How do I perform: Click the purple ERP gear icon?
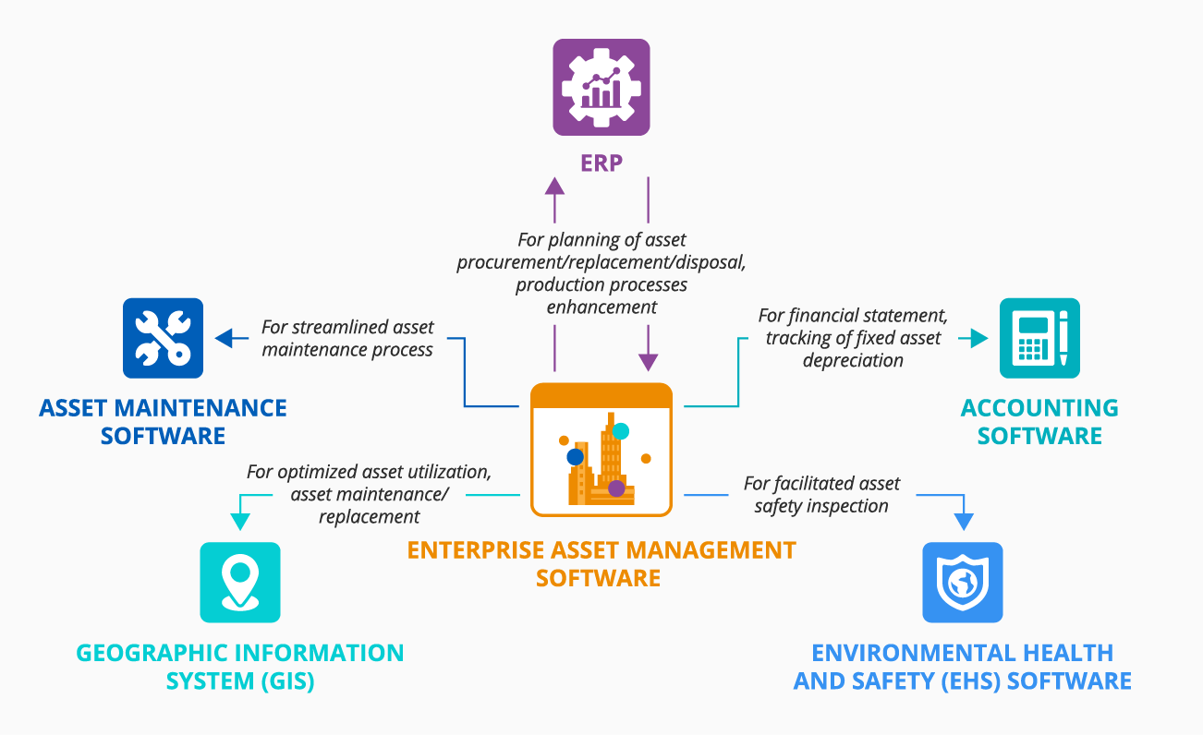(x=601, y=87)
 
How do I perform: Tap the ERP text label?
(x=601, y=163)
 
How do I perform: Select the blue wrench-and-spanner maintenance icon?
(x=163, y=338)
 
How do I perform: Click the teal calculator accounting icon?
(x=1039, y=338)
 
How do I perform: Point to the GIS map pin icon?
(x=240, y=582)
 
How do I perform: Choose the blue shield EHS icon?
(x=962, y=582)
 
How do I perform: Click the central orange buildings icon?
(x=601, y=450)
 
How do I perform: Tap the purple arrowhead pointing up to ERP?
(x=554, y=186)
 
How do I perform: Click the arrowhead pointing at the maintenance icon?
(x=225, y=339)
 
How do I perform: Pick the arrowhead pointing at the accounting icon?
(x=978, y=339)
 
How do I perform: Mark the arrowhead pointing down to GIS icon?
(x=240, y=522)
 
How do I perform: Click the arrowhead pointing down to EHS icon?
(x=963, y=522)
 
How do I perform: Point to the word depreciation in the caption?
(x=853, y=360)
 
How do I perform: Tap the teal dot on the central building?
(x=620, y=430)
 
